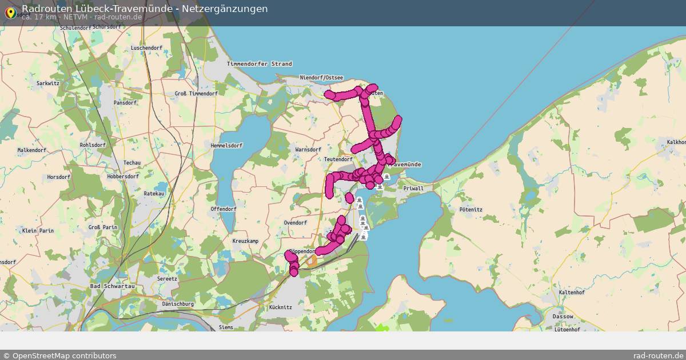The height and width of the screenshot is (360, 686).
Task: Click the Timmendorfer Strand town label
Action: click(259, 64)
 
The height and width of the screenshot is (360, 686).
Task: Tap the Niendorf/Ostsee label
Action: click(321, 78)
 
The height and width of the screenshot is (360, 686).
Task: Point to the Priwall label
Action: click(413, 189)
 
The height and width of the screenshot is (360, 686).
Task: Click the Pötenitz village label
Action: click(471, 210)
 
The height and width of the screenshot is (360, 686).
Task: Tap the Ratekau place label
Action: click(154, 194)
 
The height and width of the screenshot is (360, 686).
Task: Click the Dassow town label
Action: click(563, 316)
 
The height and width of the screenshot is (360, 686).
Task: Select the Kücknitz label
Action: click(280, 307)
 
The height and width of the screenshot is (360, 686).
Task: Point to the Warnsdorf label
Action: click(308, 150)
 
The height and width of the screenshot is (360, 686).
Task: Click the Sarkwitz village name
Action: click(48, 83)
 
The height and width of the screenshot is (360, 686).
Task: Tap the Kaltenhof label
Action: click(571, 292)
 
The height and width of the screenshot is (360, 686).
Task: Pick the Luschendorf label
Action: click(146, 48)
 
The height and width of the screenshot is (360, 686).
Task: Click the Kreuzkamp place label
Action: click(245, 241)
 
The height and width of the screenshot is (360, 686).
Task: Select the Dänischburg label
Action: click(178, 304)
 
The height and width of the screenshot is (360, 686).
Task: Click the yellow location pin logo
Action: click(10, 11)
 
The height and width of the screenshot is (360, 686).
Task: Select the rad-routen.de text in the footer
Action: click(659, 355)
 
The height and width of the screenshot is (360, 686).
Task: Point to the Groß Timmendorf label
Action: click(196, 94)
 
